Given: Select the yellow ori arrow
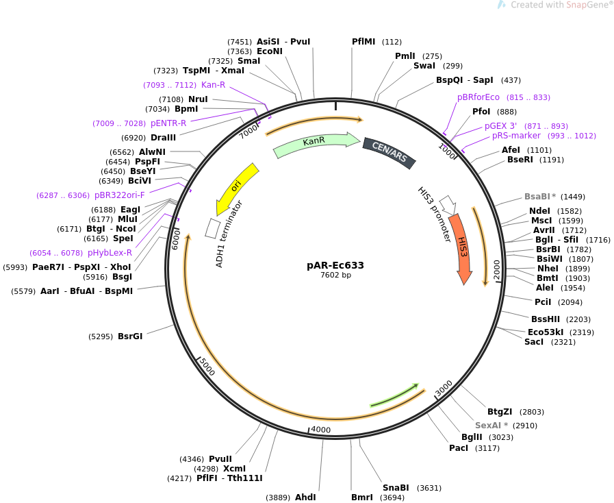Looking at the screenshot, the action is [x=236, y=186].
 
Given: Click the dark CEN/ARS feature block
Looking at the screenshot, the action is [x=389, y=153].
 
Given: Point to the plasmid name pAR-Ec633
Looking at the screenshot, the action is [x=335, y=265].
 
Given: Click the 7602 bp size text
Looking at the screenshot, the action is [x=335, y=275].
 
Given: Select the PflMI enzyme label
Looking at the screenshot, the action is [x=363, y=42].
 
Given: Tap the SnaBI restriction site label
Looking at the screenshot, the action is [x=396, y=488].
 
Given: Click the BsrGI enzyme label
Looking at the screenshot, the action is [x=130, y=336].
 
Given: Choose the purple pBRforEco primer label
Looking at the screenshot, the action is [x=478, y=97].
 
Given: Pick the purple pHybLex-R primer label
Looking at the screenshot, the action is [x=110, y=253].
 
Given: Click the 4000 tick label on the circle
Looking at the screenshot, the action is [x=321, y=430].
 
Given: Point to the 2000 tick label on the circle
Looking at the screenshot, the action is [x=497, y=268].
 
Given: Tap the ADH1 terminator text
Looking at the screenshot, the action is [x=229, y=234].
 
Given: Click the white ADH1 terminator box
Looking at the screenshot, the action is [x=213, y=228].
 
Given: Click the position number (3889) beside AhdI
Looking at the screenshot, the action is [x=278, y=498].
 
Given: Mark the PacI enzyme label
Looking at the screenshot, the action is [x=459, y=447].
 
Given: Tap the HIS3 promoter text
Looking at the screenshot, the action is [x=435, y=214].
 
